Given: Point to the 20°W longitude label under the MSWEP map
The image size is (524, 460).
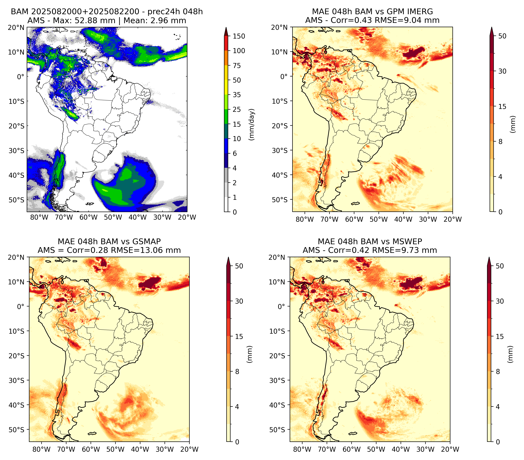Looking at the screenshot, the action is [x=450, y=449].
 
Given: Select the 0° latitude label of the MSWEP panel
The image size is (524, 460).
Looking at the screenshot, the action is [x=281, y=306].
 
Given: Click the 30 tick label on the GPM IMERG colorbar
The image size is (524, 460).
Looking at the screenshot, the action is [x=502, y=71].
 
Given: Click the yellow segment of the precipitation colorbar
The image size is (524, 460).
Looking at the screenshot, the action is [x=226, y=80].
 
